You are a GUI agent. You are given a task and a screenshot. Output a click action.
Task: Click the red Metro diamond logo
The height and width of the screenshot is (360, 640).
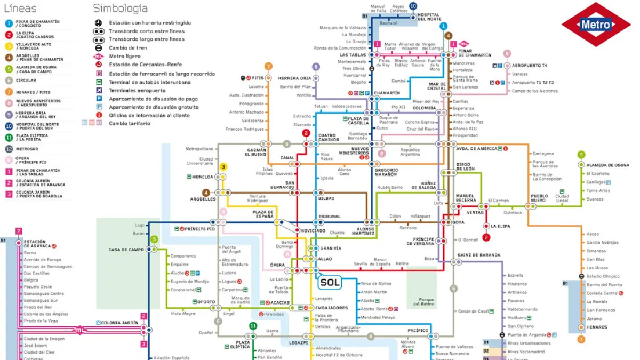(x=596, y=25)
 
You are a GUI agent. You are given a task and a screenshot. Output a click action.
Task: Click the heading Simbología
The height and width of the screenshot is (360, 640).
(x=121, y=9)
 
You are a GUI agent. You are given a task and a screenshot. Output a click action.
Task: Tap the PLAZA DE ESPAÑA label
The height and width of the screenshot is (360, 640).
(x=263, y=214)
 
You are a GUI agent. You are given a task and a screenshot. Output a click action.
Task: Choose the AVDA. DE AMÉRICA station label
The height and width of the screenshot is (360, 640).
(x=476, y=149)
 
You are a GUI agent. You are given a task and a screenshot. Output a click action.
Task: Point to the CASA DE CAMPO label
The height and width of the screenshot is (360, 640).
(x=126, y=250)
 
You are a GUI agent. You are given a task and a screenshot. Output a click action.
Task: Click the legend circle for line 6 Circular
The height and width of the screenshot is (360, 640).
(x=9, y=81)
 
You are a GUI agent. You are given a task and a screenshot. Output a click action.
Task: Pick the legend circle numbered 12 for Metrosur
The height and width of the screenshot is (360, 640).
(x=9, y=149)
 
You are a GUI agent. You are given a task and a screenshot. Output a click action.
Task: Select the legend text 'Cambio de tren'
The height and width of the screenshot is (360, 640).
(x=128, y=48)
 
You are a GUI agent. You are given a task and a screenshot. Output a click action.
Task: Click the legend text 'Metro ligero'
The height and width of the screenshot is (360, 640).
(x=126, y=57)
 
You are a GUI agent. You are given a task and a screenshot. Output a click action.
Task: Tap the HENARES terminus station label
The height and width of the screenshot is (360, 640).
(x=597, y=327)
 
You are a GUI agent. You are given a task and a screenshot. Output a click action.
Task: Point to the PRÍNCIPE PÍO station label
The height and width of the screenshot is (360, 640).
(x=199, y=229)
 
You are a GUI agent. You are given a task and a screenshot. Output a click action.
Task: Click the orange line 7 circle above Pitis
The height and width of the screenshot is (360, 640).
(x=268, y=67)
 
